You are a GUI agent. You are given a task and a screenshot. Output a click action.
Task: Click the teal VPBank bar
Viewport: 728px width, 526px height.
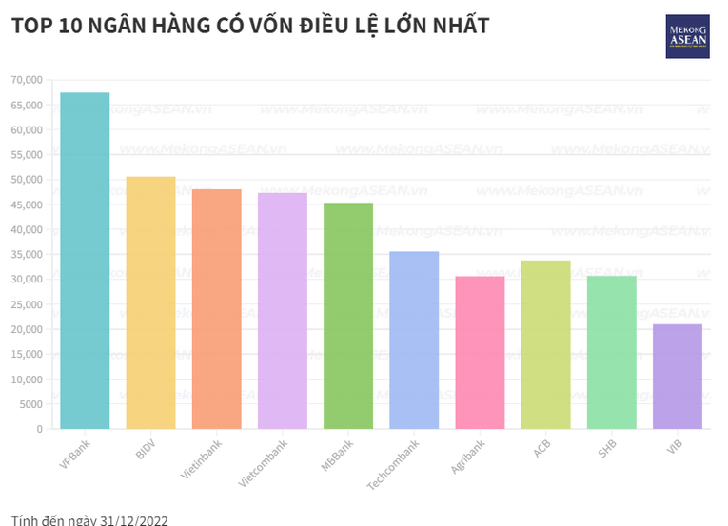tap(85, 261)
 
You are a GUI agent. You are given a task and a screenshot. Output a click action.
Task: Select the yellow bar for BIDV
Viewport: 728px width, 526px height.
tap(150, 302)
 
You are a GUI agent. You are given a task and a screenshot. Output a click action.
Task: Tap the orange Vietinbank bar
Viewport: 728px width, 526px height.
tap(216, 309)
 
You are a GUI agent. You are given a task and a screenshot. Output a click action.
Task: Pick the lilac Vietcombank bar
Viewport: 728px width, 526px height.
tap(283, 311)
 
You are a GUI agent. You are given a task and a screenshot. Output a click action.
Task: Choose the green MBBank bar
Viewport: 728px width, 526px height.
tap(348, 316)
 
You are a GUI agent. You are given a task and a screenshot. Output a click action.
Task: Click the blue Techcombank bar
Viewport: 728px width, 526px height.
tap(414, 340)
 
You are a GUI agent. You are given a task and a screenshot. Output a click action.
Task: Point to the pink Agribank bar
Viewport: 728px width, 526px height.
tap(480, 352)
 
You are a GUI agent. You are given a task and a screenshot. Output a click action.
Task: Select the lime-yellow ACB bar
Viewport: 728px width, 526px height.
tap(545, 344)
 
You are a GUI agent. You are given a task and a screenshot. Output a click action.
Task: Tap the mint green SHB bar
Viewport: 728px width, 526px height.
tap(611, 352)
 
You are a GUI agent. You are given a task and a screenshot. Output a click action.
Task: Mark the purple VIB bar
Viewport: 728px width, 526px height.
tap(678, 377)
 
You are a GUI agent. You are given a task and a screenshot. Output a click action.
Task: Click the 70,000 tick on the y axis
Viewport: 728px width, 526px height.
tap(28, 80)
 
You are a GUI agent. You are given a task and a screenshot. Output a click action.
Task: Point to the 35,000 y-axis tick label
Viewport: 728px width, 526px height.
tap(28, 255)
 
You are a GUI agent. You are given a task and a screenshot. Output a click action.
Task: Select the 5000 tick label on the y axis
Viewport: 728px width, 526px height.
tap(32, 404)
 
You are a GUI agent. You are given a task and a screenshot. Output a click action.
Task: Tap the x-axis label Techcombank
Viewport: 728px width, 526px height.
tap(394, 465)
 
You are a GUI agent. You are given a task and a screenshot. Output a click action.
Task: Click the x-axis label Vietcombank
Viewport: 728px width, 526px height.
tap(264, 463)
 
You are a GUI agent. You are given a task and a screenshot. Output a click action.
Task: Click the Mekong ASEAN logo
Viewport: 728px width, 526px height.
tap(687, 36)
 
